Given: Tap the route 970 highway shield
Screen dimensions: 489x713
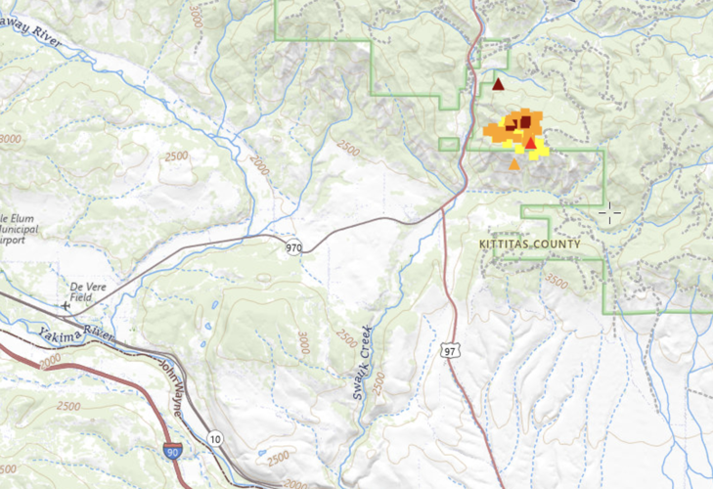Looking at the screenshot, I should (x=294, y=247).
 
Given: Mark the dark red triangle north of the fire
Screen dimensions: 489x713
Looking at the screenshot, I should (x=498, y=84).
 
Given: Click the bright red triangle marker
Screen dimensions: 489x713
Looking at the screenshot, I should (x=531, y=144).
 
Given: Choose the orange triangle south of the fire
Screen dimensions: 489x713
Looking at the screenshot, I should (x=514, y=164).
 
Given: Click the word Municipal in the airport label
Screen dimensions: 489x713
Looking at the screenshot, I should (x=22, y=226).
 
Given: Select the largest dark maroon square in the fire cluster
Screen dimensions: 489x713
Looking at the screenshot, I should (x=526, y=121).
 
